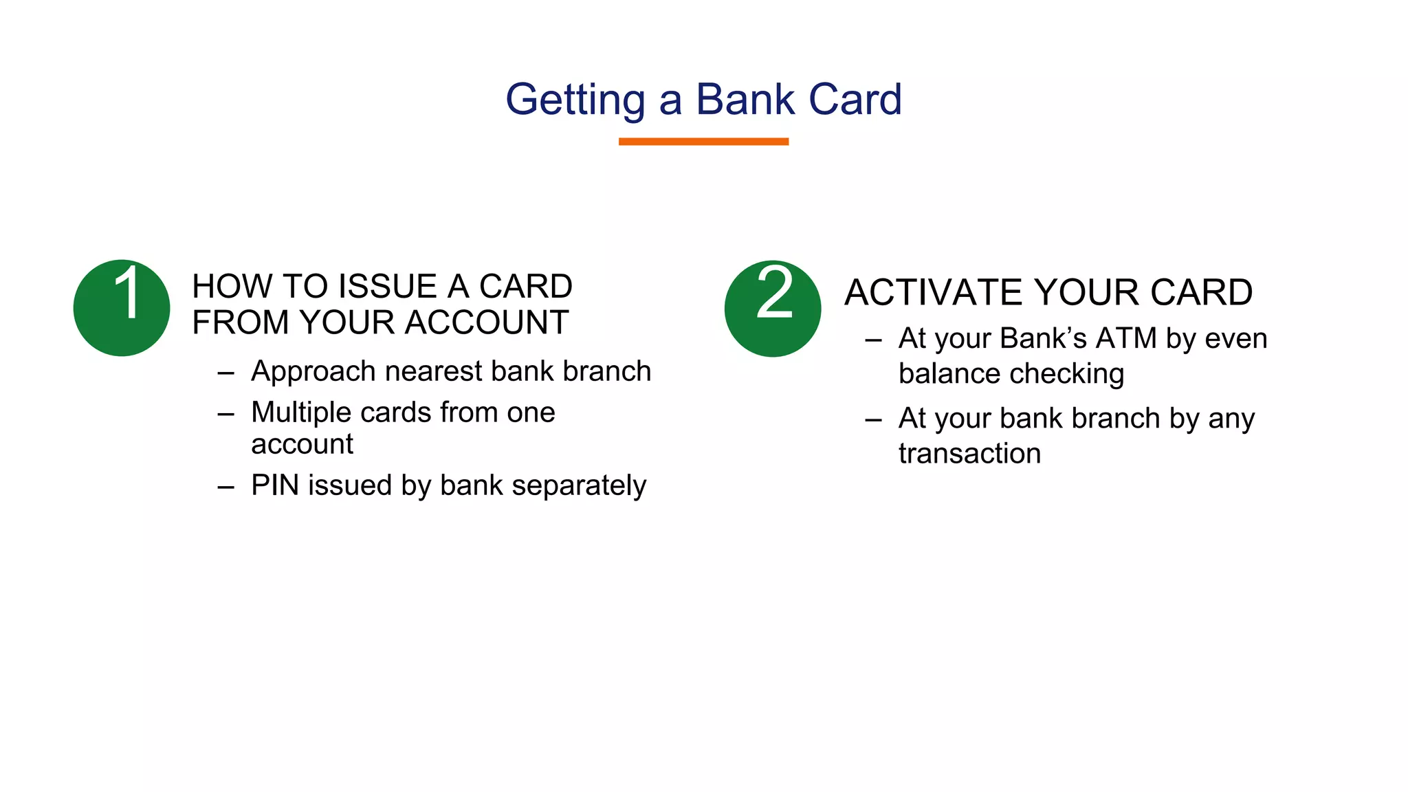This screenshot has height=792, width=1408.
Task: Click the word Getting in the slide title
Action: [x=575, y=100]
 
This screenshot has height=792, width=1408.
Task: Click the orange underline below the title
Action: [x=703, y=142]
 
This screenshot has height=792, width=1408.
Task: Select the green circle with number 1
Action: [x=122, y=308]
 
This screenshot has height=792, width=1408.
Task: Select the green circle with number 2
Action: [x=772, y=308]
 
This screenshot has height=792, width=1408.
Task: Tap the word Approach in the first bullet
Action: [x=313, y=372]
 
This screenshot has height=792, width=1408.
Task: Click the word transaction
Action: [x=969, y=454]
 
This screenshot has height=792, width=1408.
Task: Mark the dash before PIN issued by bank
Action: [x=225, y=487]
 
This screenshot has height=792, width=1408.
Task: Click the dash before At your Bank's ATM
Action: [x=873, y=340]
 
